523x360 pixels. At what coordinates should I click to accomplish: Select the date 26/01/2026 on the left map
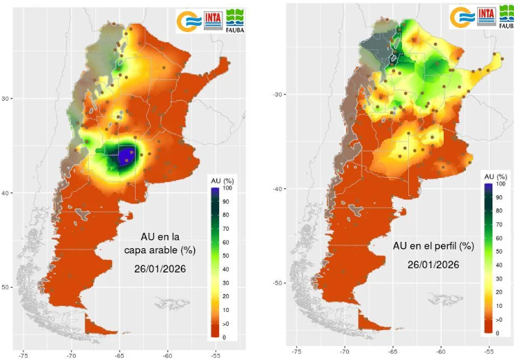[160, 268]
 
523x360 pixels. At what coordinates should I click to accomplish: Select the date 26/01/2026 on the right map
[433, 264]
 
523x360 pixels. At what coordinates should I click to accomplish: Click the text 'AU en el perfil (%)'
[433, 246]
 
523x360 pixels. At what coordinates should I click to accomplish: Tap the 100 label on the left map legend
[227, 188]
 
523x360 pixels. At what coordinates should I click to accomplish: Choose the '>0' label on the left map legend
[226, 324]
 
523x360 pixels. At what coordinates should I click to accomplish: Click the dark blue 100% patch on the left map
[125, 155]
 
